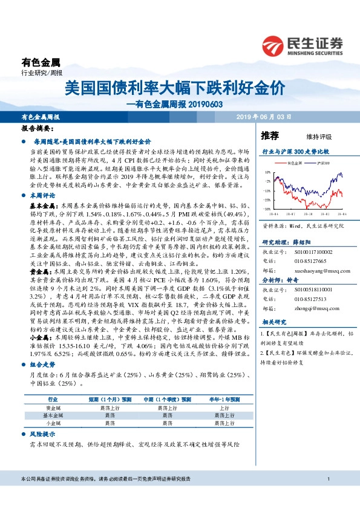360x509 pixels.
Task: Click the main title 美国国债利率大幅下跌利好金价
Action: [x=175, y=88]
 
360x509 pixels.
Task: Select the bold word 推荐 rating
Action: [x=270, y=134]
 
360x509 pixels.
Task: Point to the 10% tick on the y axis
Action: [x=267, y=172]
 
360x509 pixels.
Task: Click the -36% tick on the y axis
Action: [x=267, y=209]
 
